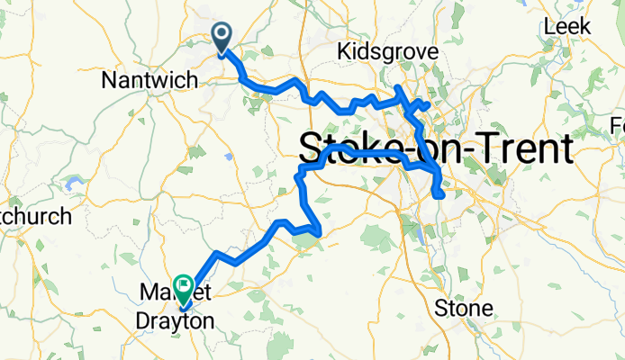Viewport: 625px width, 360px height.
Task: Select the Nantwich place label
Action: tap(149, 80)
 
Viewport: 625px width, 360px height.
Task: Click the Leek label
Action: tap(568, 27)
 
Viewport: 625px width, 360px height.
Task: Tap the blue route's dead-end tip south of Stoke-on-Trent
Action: tap(439, 194)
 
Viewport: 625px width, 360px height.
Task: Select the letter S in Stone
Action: tap(441, 309)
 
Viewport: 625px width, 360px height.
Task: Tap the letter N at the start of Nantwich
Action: tap(108, 80)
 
